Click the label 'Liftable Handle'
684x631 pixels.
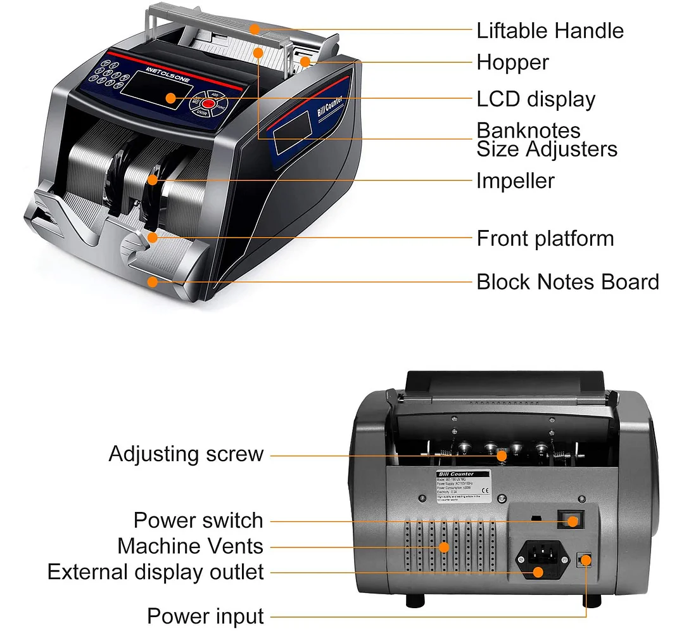(550, 30)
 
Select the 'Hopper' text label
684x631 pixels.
(512, 63)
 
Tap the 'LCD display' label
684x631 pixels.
(536, 99)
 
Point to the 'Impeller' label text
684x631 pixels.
(515, 181)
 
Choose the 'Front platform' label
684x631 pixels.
(545, 239)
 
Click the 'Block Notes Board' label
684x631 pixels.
(567, 282)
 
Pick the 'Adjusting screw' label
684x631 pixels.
(186, 454)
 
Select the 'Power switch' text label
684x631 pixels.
(198, 521)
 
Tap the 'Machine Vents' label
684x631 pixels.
(190, 546)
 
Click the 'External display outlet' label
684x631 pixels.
(155, 572)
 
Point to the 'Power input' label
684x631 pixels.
(205, 616)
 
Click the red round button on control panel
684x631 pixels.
(208, 103)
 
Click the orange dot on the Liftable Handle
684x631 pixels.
(253, 29)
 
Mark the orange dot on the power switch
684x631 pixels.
(573, 521)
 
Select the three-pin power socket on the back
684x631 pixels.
(540, 559)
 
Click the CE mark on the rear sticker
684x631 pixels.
(486, 490)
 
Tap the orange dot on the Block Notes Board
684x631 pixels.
(152, 282)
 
